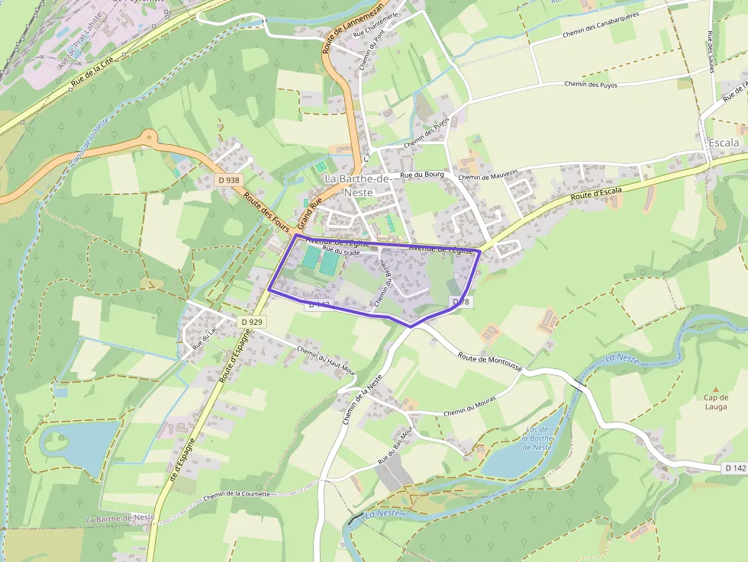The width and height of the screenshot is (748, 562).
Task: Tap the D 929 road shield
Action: [251, 322]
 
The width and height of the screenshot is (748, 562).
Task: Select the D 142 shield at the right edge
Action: [734, 467]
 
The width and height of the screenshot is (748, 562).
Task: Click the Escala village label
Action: [724, 143]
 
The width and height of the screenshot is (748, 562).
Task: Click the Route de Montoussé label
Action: [490, 361]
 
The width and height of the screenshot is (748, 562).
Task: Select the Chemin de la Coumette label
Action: [237, 496]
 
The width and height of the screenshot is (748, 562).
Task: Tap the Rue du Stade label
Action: [340, 251]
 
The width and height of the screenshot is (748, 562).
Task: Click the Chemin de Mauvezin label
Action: [488, 175]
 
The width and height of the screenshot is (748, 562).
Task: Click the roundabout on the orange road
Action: [150, 139]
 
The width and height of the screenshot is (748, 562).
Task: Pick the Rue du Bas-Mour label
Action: [395, 446]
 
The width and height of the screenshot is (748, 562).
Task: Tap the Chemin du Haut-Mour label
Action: [327, 360]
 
